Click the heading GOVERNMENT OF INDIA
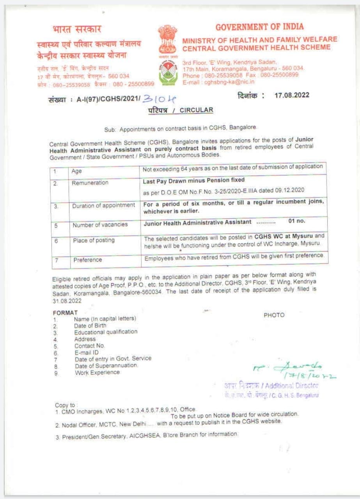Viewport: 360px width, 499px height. coord(259,27)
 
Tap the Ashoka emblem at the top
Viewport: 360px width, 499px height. coord(168,39)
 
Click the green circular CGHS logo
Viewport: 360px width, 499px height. coord(168,71)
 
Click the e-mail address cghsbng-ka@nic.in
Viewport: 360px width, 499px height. coord(230,82)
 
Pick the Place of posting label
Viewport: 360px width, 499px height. coord(94,240)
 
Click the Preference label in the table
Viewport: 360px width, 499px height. coord(87,260)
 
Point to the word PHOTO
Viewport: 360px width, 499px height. coord(274,315)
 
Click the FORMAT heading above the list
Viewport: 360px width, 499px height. coord(65,312)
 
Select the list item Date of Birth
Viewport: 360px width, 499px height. coord(90,326)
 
